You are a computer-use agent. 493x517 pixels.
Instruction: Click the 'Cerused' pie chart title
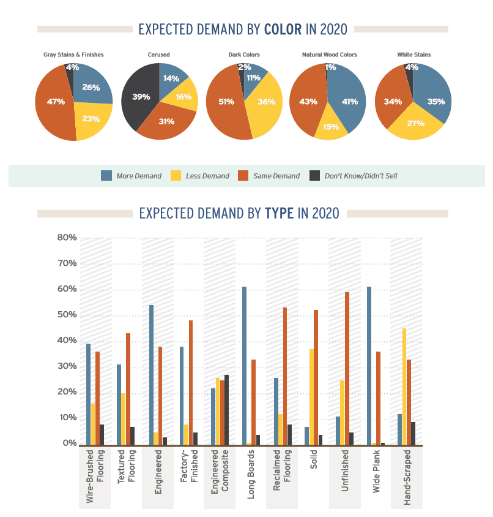(159, 55)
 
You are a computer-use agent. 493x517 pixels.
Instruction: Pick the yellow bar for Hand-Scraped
(404, 387)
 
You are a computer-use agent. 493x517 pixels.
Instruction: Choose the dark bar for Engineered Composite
(226, 410)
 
